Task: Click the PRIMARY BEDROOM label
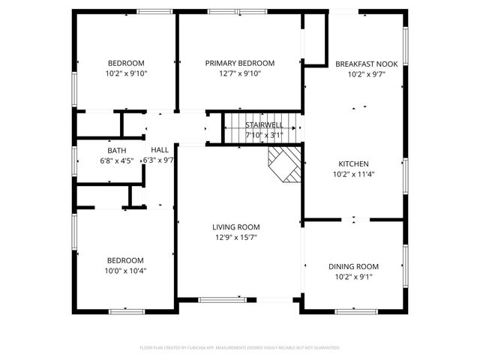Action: coord(239,63)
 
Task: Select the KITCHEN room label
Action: coord(353,163)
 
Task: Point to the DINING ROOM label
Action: coord(353,266)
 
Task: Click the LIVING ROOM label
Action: coord(235,226)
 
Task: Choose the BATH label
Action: coord(116,151)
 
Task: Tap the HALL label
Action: coord(160,150)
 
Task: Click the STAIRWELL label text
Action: coord(263,125)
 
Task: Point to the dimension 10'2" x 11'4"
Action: coord(353,174)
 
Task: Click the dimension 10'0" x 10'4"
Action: coord(126,271)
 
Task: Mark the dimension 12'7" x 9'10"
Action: coord(239,73)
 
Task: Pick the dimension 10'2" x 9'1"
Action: coord(353,277)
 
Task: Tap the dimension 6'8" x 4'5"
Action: coord(116,160)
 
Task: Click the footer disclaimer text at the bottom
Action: coord(240,348)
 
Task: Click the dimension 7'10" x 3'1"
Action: coord(263,136)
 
